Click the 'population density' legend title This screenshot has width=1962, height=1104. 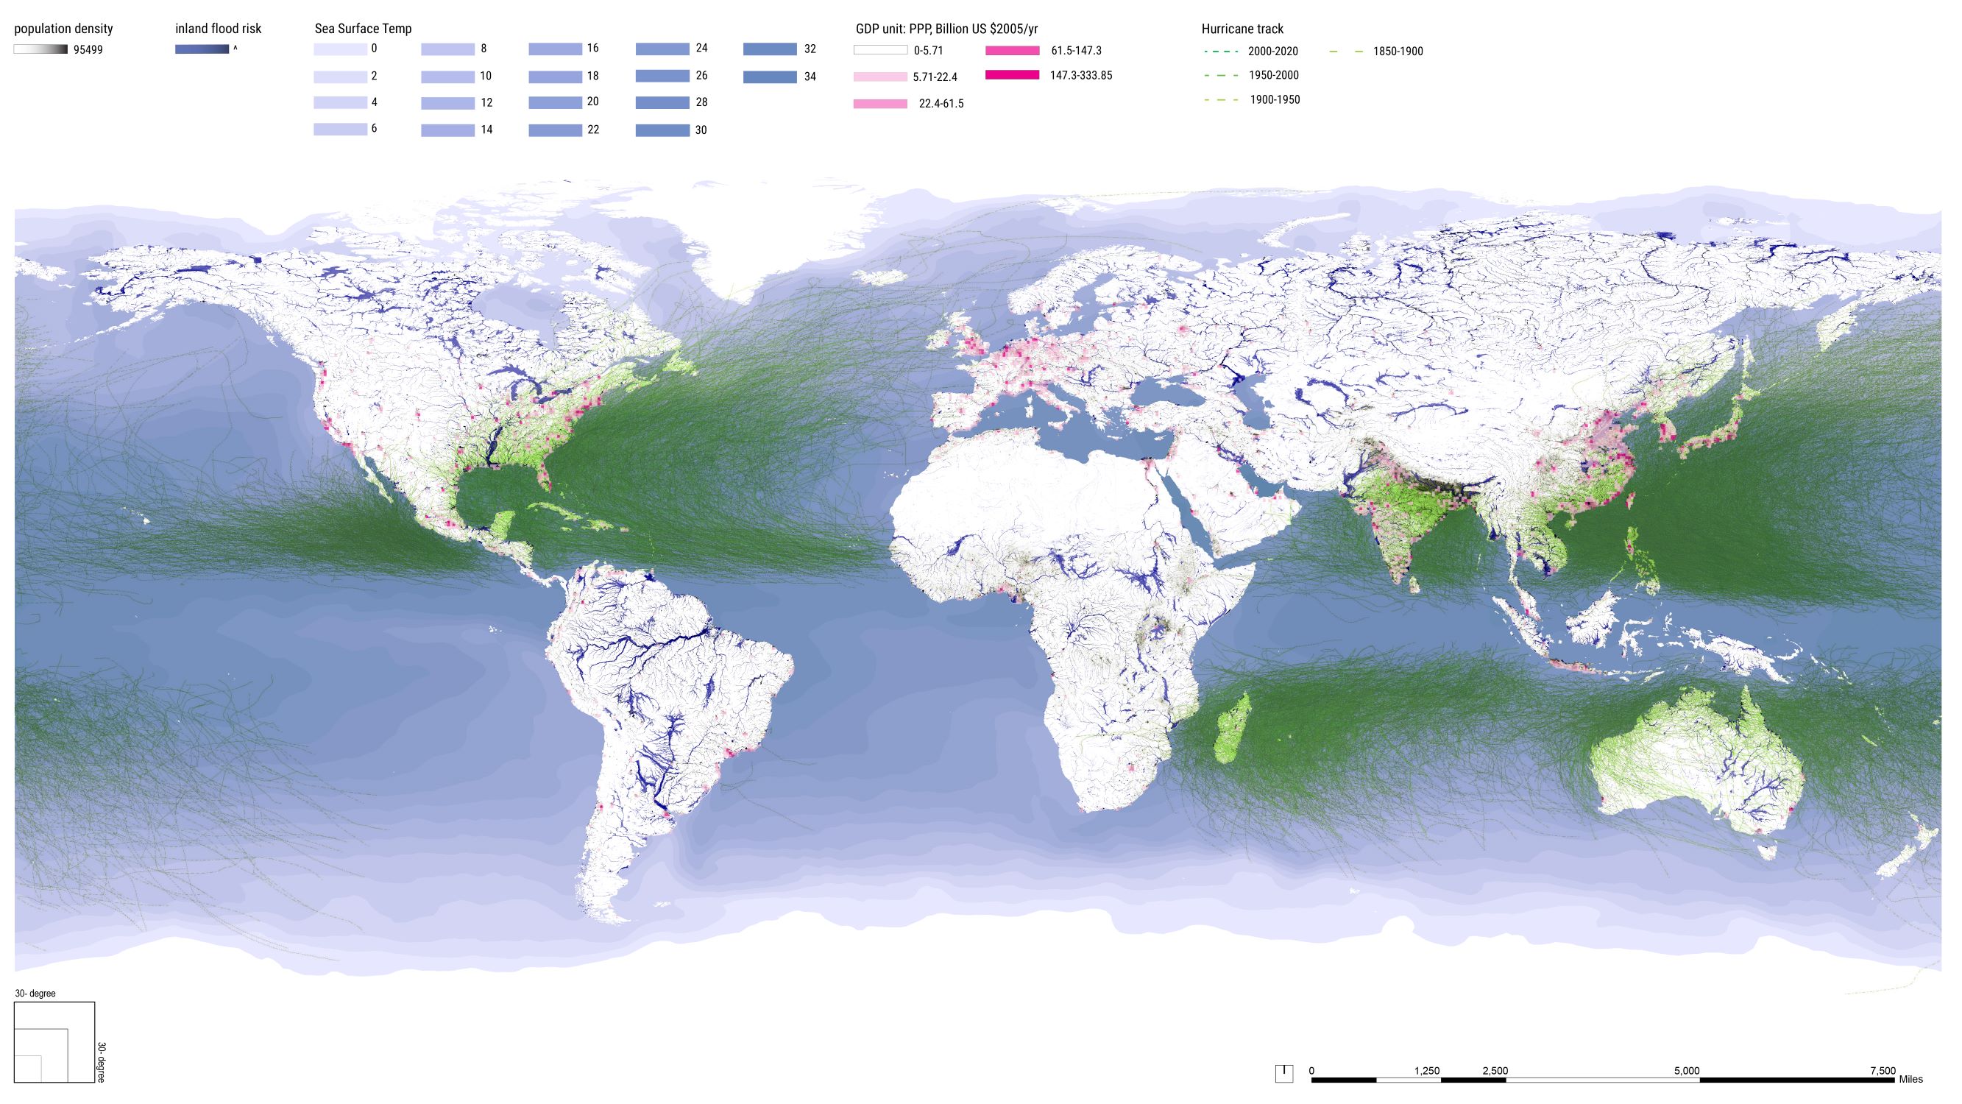pos(63,29)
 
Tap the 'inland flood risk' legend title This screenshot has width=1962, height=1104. pos(218,29)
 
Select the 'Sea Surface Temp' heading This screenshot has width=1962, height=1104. pos(363,29)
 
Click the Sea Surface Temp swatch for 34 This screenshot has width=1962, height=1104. pos(769,77)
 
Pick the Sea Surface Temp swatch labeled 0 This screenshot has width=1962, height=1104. pos(340,49)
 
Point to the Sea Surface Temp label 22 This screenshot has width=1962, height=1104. pos(592,130)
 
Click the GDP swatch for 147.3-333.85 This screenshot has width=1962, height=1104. pos(1012,75)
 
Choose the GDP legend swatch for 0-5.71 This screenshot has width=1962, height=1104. pos(880,51)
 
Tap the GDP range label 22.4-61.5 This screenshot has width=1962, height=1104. pos(941,104)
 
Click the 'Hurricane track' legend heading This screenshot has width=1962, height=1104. pos(1242,29)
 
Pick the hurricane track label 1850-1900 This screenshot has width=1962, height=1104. pos(1398,52)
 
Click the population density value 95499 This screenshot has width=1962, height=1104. pos(88,50)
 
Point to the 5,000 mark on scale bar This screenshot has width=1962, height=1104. pos(1686,1070)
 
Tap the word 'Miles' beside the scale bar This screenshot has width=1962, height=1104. pos(1910,1079)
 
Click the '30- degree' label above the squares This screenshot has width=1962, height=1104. pos(35,994)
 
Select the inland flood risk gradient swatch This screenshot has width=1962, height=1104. pos(202,49)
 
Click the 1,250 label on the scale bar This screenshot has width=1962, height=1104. pos(1426,1070)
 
